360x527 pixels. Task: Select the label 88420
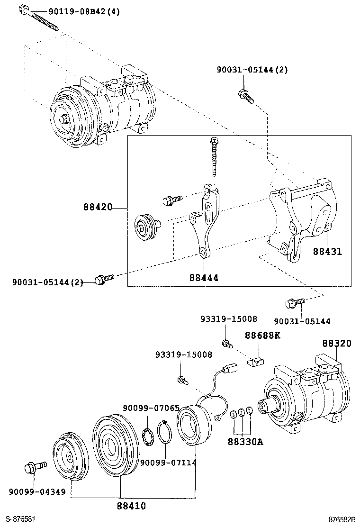98,208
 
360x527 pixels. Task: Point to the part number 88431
327,252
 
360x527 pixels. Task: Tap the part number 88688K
263,336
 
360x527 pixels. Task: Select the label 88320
337,344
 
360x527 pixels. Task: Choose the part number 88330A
245,442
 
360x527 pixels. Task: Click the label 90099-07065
151,408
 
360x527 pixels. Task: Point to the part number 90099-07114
168,462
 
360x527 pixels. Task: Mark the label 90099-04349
37,491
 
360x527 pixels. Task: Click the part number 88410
131,506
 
